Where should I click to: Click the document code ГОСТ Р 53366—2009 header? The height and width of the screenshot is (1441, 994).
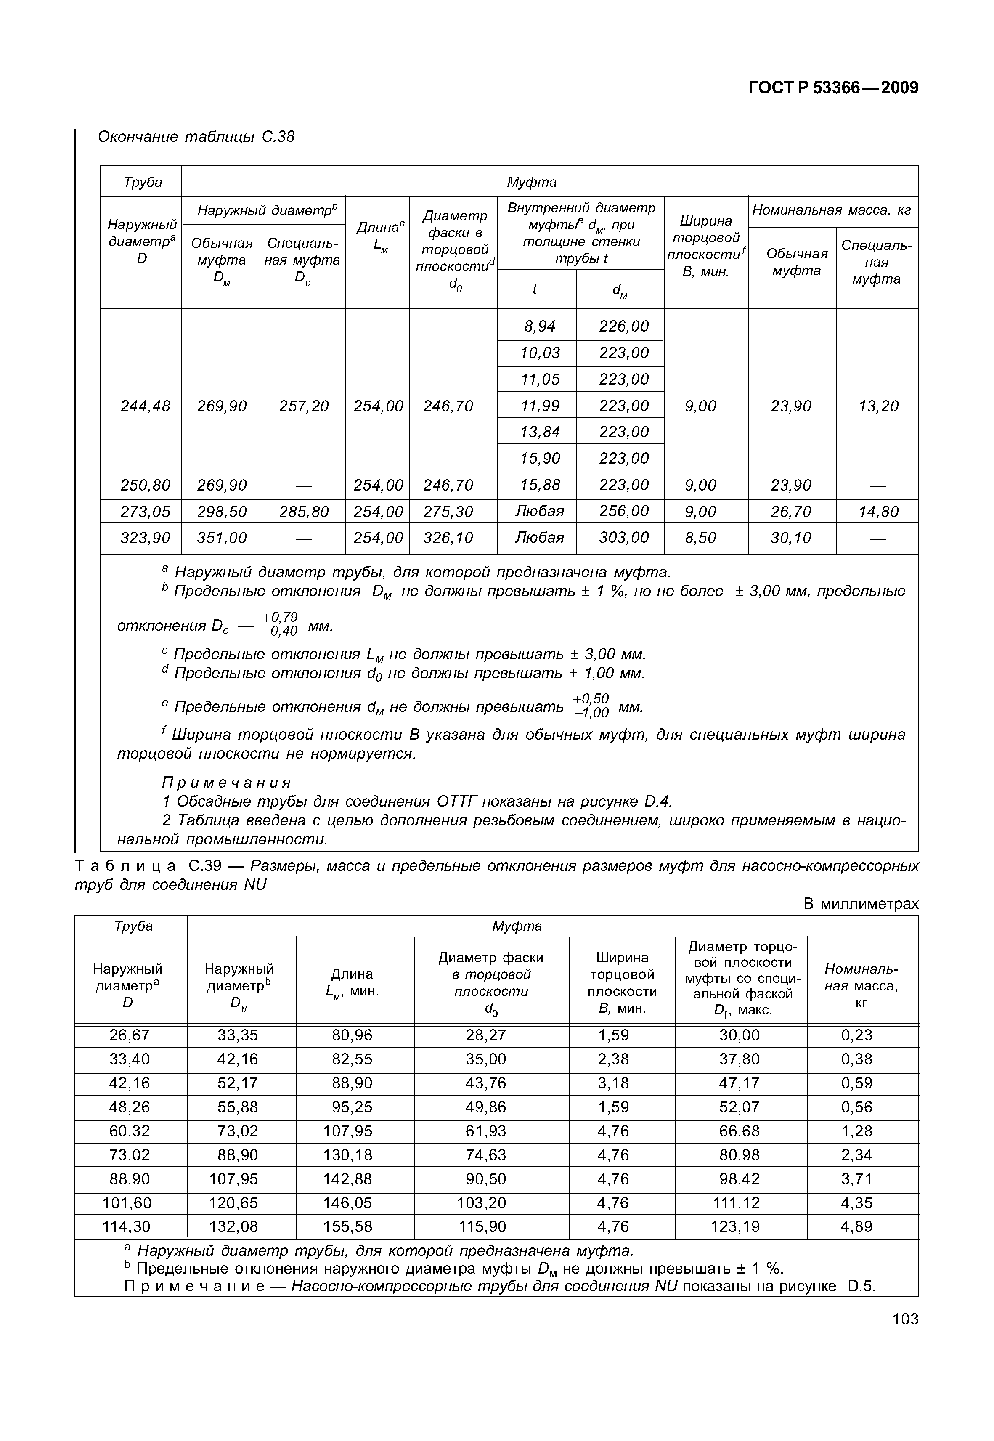pos(833,88)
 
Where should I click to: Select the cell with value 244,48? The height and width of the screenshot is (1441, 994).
pos(145,406)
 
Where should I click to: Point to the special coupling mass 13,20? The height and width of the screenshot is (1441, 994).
pos(878,406)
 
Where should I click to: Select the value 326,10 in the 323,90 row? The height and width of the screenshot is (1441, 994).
pos(448,537)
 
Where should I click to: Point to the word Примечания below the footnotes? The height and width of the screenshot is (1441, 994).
pos(227,782)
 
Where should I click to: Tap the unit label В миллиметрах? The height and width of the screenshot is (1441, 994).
pos(860,904)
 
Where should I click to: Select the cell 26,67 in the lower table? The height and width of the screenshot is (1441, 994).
pos(130,1035)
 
